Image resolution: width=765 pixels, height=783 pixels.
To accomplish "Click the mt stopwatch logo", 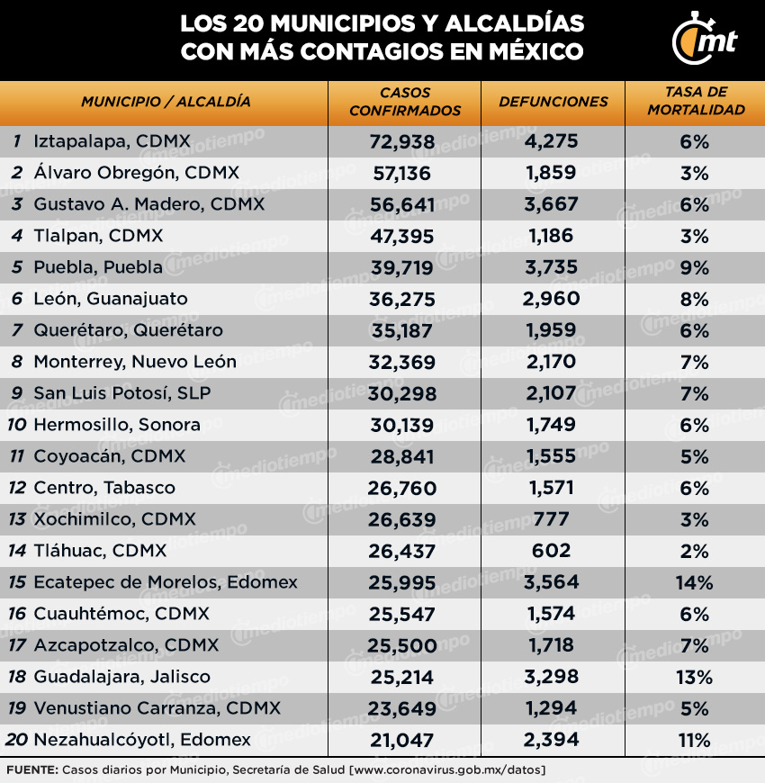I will pyautogui.click(x=704, y=40).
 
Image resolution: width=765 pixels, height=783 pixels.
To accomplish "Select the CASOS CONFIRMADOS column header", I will pyautogui.click(x=404, y=102).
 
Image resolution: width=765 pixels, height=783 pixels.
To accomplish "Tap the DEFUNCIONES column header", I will pyautogui.click(x=553, y=102).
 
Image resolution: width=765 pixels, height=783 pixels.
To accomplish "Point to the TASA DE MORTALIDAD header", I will pyautogui.click(x=695, y=102).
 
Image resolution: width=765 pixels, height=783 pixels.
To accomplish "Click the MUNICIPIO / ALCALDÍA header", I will pyautogui.click(x=166, y=102).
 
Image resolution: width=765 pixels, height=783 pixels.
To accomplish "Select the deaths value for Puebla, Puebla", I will pyautogui.click(x=552, y=267).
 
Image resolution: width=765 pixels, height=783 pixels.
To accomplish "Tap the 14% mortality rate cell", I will pyautogui.click(x=694, y=582).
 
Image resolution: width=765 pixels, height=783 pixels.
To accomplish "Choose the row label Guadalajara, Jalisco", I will pyautogui.click(x=121, y=677).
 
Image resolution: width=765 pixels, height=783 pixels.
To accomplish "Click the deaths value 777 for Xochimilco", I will pyautogui.click(x=552, y=519).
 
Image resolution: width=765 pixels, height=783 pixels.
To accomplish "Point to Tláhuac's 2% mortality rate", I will pyautogui.click(x=694, y=551).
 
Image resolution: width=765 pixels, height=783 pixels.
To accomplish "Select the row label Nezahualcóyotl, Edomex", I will pyautogui.click(x=142, y=740).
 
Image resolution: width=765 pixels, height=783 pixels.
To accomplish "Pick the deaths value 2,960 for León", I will pyautogui.click(x=552, y=299).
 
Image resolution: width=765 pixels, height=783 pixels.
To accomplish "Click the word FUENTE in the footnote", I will pyautogui.click(x=31, y=770).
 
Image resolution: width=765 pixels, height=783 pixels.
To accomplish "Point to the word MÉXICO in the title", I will pyautogui.click(x=535, y=51).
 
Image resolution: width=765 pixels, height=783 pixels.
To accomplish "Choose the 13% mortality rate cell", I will pyautogui.click(x=694, y=677).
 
